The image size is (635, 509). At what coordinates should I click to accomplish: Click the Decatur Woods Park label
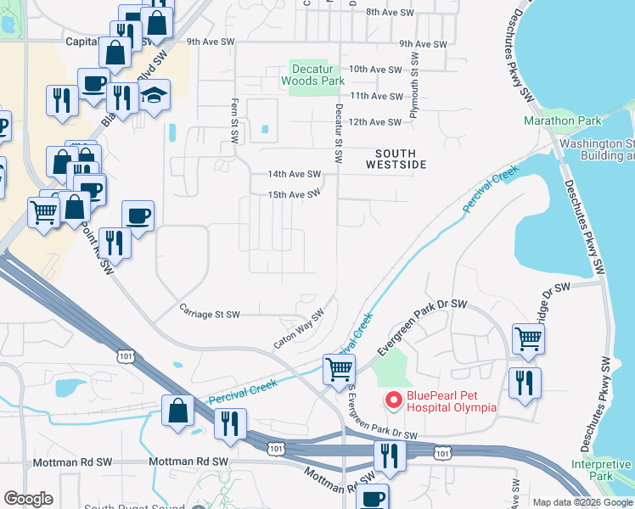(x=317, y=75)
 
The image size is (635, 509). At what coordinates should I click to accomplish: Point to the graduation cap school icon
(x=155, y=95)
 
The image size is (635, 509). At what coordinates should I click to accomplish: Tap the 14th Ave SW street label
(x=294, y=174)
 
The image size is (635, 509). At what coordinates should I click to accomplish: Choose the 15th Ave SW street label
(x=294, y=194)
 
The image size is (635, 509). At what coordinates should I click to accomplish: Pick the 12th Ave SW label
(x=374, y=122)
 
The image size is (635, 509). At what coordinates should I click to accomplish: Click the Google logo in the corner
(x=29, y=499)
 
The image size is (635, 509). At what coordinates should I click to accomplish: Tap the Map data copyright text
(x=582, y=502)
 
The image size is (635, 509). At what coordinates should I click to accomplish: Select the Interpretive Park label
(x=601, y=470)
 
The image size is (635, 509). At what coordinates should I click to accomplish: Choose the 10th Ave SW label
(x=374, y=70)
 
